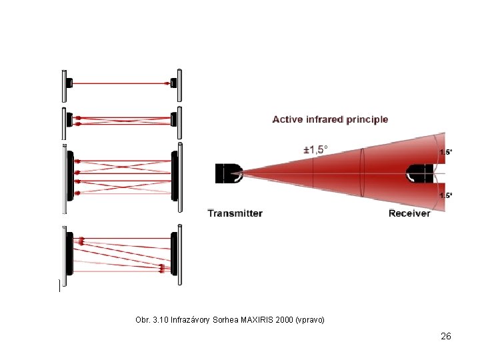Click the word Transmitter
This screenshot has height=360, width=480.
(235, 213)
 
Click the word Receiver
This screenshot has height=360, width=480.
(409, 213)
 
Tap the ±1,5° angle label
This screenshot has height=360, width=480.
(315, 150)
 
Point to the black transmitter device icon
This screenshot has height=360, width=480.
(227, 173)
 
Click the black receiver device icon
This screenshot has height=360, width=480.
(420, 173)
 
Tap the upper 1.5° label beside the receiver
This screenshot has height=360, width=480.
(445, 153)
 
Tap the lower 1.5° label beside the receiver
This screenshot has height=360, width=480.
(445, 195)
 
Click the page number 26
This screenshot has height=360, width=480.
(446, 336)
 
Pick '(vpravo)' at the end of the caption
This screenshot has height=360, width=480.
(309, 320)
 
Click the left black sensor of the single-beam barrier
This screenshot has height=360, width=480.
(69, 83)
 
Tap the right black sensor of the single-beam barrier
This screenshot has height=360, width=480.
(173, 83)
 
